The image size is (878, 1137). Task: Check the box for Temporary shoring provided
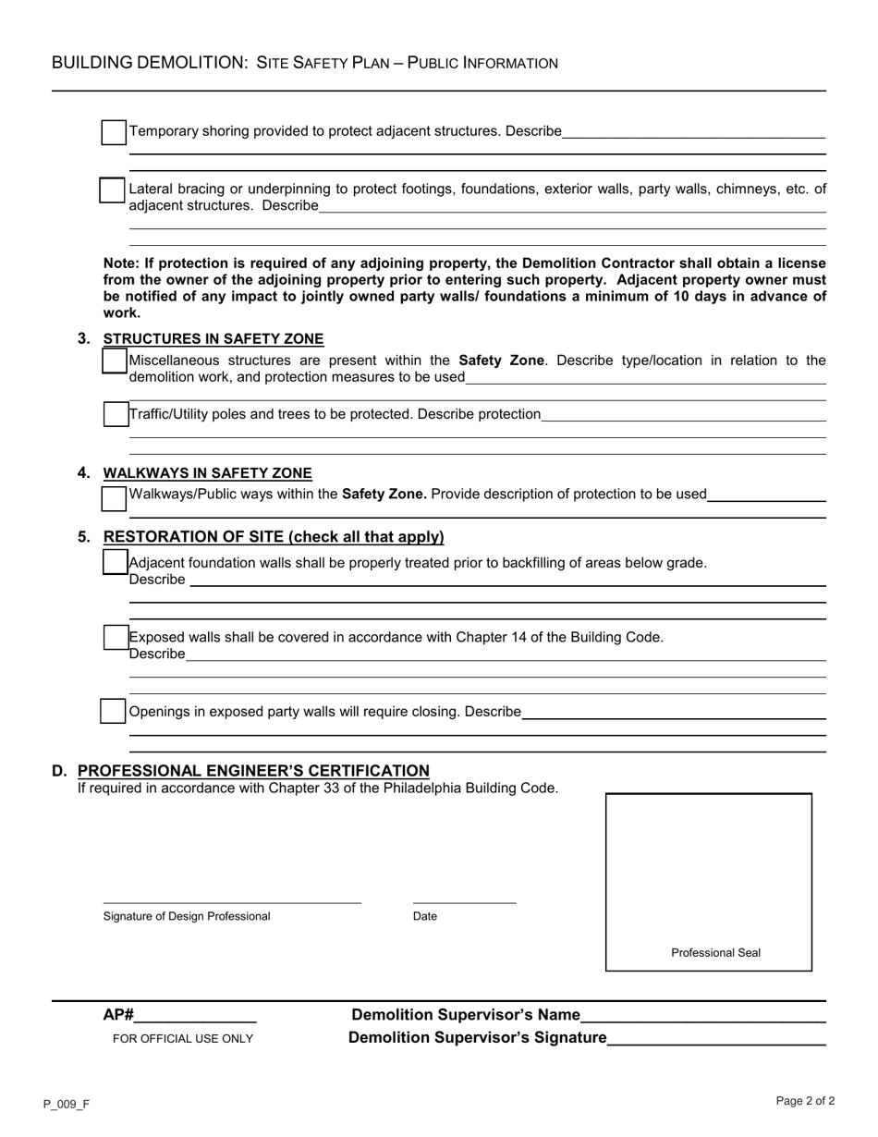click(x=114, y=132)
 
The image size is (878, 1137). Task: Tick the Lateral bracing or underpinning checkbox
click(x=113, y=190)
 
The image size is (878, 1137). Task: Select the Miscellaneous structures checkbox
click(x=115, y=361)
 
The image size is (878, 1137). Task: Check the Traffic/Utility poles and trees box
click(x=116, y=415)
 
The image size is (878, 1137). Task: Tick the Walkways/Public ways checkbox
click(x=114, y=498)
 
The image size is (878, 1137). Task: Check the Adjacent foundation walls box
click(x=116, y=561)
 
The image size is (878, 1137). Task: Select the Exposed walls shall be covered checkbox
click(x=116, y=637)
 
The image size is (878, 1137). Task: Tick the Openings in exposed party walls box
click(x=113, y=712)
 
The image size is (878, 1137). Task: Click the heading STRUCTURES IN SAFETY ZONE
click(x=213, y=339)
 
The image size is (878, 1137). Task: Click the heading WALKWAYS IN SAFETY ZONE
click(x=208, y=473)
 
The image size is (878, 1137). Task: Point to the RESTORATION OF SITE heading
click(x=274, y=537)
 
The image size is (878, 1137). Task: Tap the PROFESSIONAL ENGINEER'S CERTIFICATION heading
click(x=253, y=771)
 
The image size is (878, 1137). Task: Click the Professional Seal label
click(x=715, y=953)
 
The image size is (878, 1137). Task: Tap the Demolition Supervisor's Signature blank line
click(x=716, y=1040)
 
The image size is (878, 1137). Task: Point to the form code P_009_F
click(x=66, y=1104)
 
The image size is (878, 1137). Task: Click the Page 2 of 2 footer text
click(x=805, y=1101)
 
